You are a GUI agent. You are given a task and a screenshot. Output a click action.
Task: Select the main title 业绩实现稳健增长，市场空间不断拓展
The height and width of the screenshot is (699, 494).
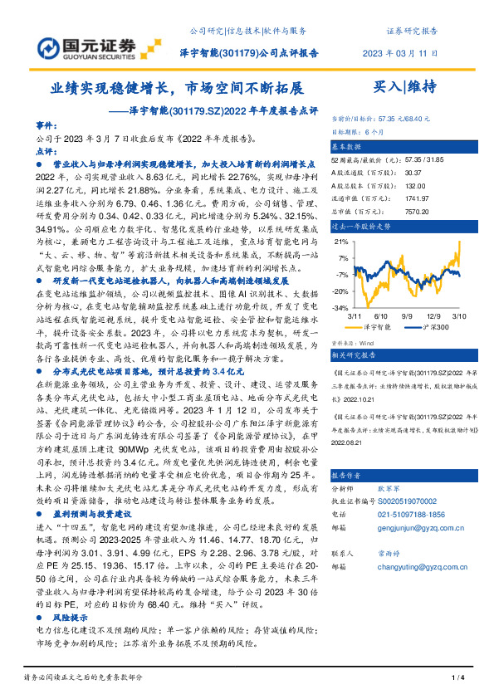pos(177,86)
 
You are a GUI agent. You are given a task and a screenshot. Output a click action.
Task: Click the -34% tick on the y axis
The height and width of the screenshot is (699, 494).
pos(340,307)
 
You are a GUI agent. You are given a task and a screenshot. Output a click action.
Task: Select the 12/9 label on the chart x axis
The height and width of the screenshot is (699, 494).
pos(434,316)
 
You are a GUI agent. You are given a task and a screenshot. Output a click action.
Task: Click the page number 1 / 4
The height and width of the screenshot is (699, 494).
pos(456,678)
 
